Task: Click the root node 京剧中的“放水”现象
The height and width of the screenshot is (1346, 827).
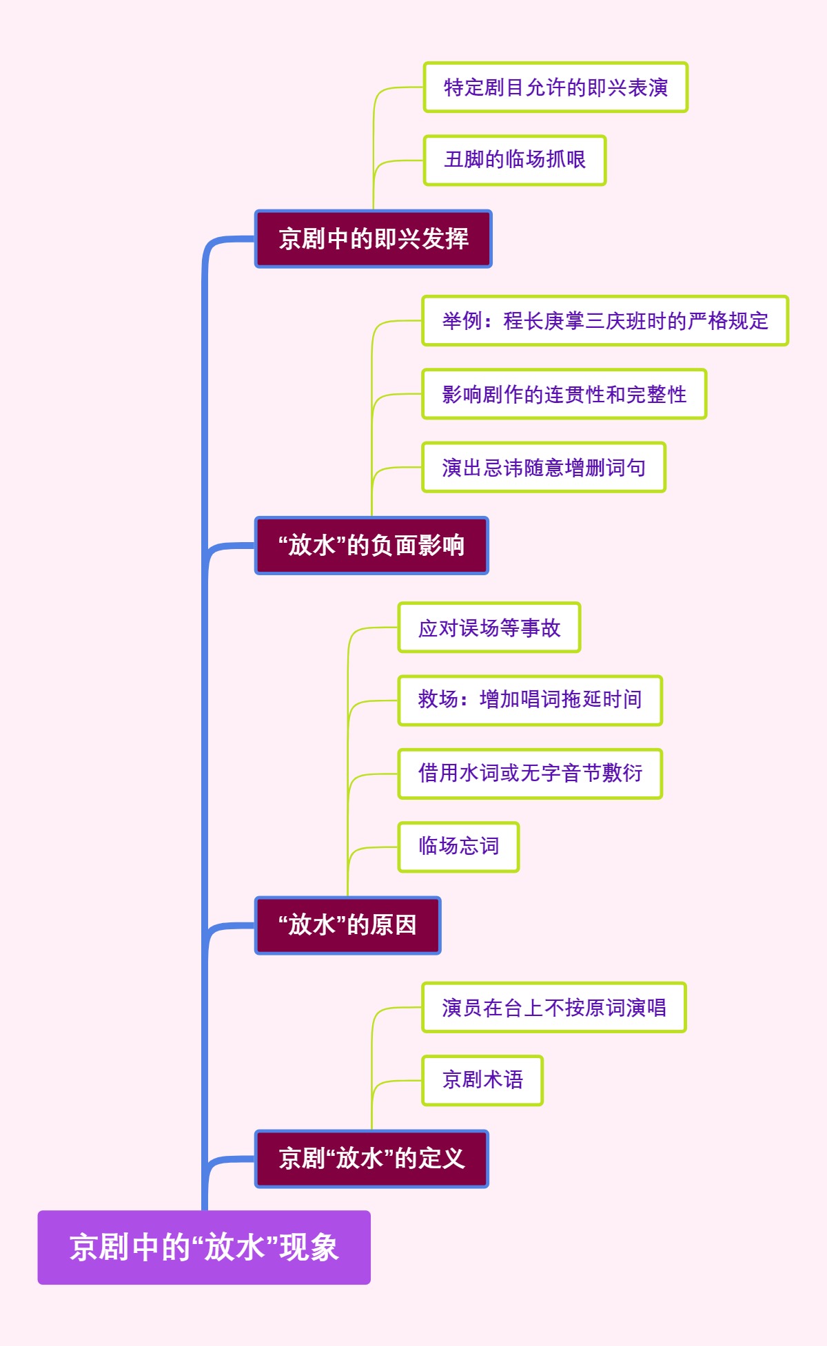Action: tap(204, 1247)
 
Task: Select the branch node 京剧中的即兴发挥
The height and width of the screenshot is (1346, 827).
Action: tap(373, 239)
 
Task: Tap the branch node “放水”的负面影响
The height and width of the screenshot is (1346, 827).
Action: tap(371, 546)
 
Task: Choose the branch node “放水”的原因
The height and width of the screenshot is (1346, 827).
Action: tap(347, 925)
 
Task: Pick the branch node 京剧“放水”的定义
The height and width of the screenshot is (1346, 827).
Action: tap(371, 1159)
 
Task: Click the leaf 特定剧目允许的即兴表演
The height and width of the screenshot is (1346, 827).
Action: tap(555, 87)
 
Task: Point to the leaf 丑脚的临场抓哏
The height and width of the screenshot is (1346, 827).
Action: tap(515, 160)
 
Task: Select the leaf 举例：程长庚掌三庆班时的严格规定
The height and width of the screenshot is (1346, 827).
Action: tap(604, 321)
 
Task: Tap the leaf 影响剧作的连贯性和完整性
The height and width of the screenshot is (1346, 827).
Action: tap(564, 394)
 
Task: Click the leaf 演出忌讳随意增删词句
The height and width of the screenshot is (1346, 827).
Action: tap(544, 468)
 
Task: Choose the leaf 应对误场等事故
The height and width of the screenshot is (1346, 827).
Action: tap(489, 628)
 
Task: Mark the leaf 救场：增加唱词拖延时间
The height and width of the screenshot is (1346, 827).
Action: tap(530, 700)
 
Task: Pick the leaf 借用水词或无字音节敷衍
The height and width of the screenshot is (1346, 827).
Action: tap(530, 773)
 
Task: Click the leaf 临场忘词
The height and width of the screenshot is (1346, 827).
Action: tap(458, 846)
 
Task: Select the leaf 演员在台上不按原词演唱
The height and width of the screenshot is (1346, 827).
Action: tap(553, 1007)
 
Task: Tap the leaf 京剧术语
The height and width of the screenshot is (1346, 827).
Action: tap(482, 1079)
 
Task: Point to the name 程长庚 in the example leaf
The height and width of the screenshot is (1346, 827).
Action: tap(534, 321)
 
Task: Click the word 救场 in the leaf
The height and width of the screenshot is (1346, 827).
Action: tap(438, 700)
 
